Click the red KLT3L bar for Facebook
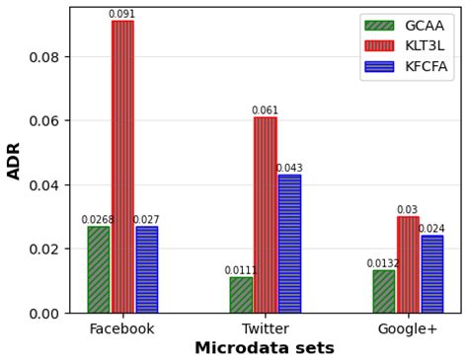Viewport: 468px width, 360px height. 122,167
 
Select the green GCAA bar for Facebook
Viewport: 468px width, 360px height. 99,269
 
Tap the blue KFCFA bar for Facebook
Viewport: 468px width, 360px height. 146,269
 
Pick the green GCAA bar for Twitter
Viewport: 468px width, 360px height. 241,295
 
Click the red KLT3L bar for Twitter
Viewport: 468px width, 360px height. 265,215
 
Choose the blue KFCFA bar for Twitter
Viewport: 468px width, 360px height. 289,244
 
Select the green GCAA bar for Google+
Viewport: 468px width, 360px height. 384,291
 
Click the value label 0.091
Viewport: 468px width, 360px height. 122,14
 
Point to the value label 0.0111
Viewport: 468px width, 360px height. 241,270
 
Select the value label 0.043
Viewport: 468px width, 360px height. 289,169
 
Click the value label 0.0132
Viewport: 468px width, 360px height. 383,263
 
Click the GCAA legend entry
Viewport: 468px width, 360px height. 406,26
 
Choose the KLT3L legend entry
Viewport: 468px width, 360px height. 406,46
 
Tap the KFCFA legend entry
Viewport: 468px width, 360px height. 406,67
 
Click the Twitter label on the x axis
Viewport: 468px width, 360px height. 265,328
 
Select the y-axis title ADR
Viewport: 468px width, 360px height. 15,160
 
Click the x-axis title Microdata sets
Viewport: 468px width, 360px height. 265,348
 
